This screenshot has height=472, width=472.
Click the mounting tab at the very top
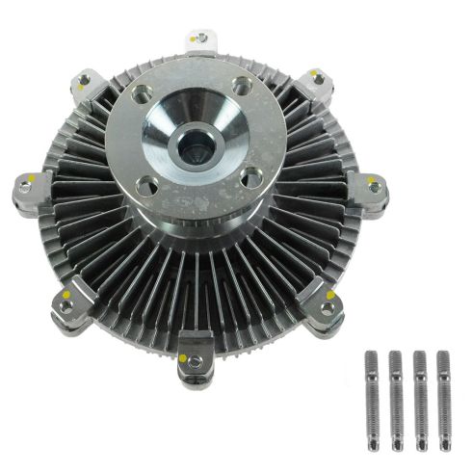click(x=199, y=40)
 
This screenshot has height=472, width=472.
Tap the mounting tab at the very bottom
click(x=195, y=355)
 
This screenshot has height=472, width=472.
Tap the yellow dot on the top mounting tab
click(x=194, y=37)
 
